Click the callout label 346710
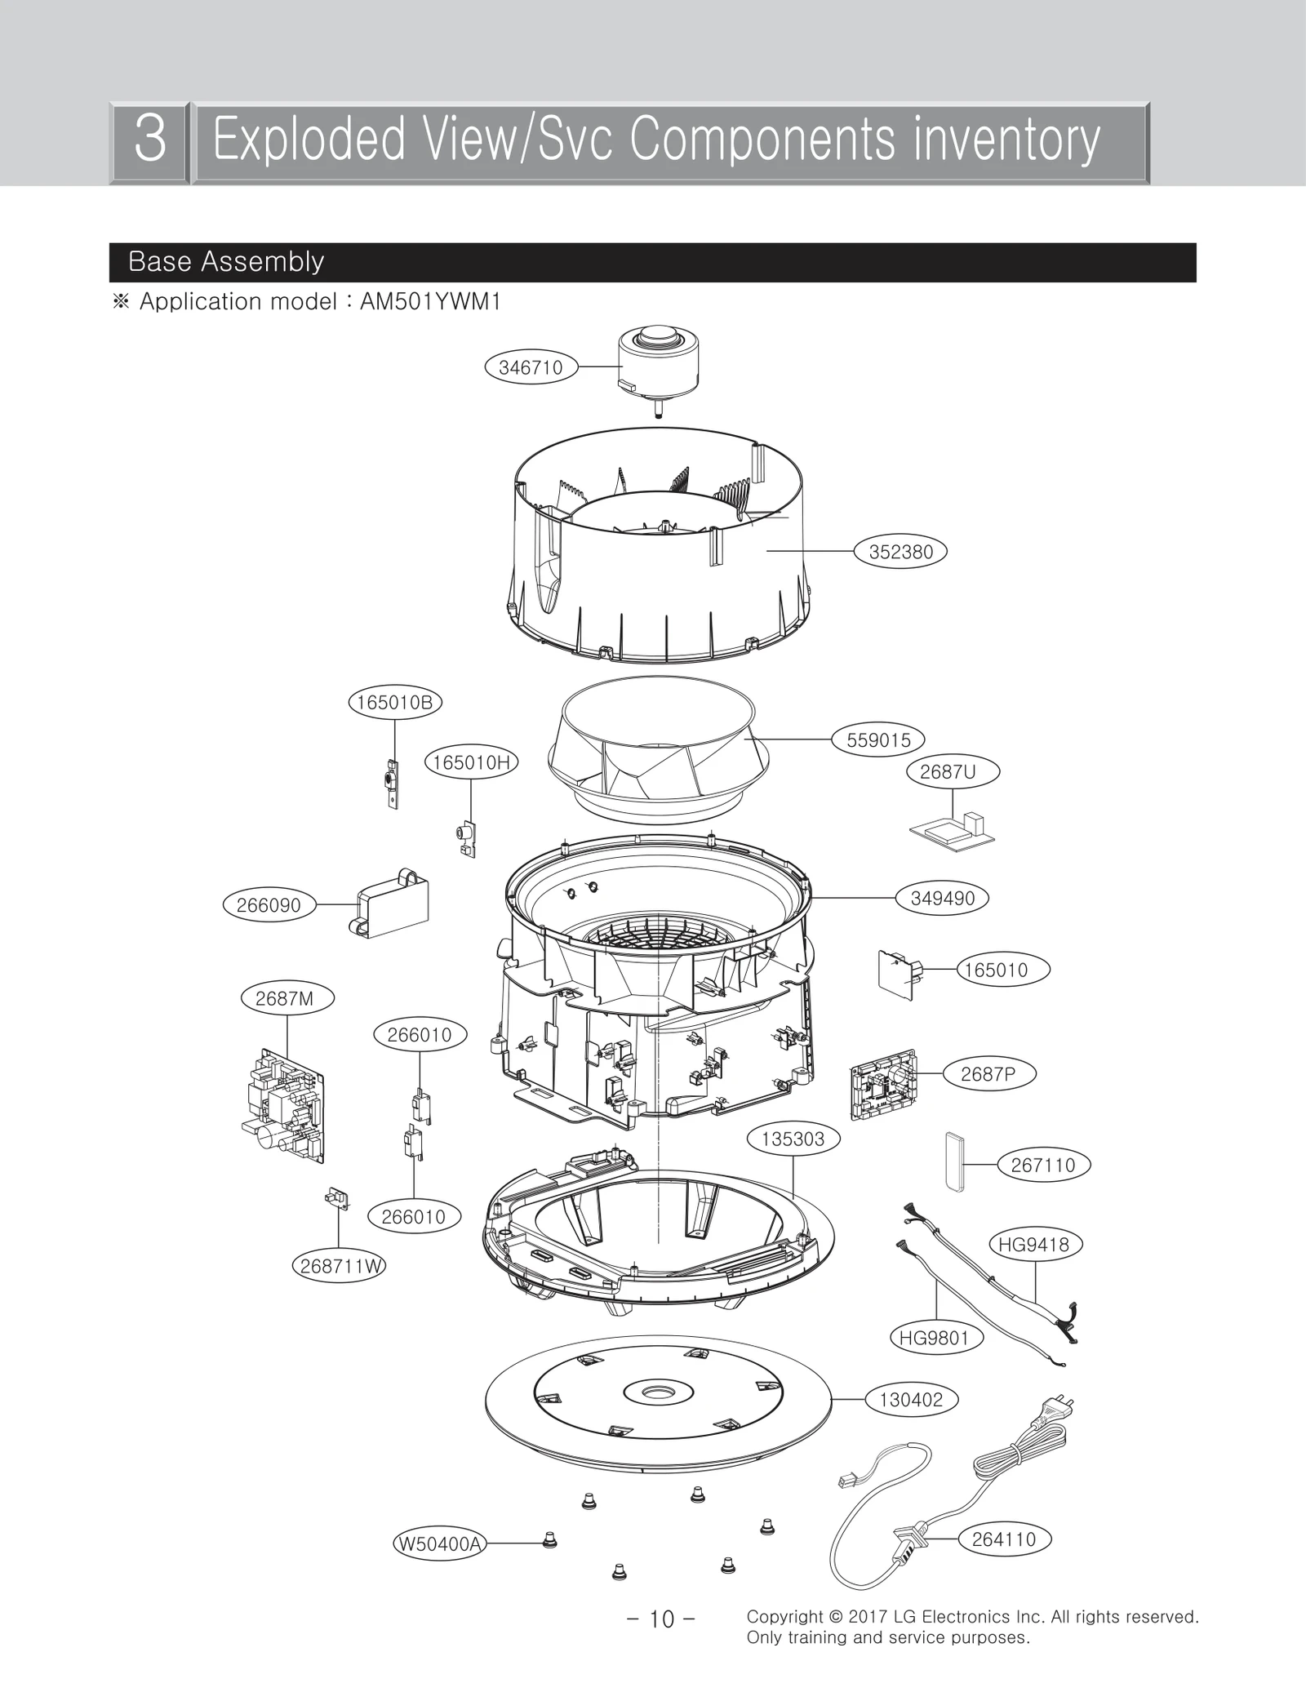(531, 367)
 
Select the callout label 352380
(900, 552)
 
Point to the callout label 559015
(878, 740)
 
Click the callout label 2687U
(953, 771)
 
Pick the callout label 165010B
(395, 703)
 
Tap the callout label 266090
(269, 905)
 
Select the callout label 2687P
(988, 1074)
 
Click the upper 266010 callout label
(420, 1035)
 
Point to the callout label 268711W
(339, 1266)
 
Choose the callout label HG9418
(1034, 1245)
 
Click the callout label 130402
(911, 1400)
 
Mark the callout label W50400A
(439, 1543)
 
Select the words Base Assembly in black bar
(226, 262)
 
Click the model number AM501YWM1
(430, 302)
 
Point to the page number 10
(661, 1619)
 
